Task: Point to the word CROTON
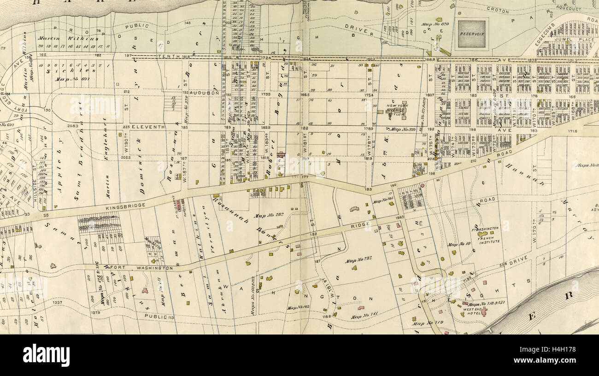coord(499,11)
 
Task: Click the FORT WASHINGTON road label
coord(147,267)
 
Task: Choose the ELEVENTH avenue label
coord(148,126)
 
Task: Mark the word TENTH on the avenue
coord(167,56)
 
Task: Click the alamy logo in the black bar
coord(46,355)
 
